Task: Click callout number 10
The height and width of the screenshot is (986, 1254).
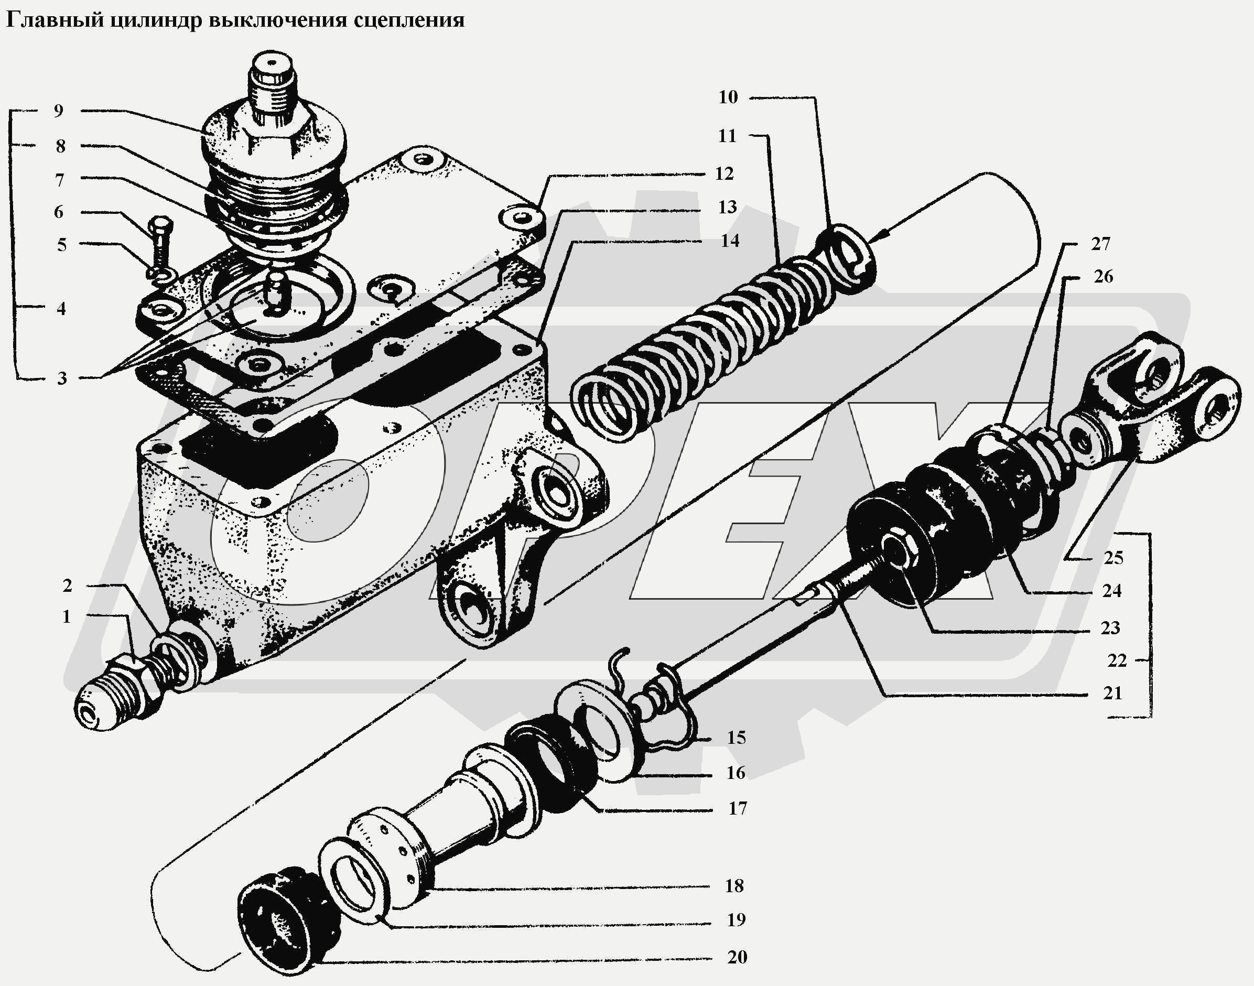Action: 728,97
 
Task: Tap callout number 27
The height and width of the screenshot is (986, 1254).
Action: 1100,244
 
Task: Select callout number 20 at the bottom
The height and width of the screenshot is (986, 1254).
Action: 737,957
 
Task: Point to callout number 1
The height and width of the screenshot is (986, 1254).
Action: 67,616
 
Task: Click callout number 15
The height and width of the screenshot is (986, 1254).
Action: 736,738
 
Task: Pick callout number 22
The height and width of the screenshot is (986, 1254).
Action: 1117,660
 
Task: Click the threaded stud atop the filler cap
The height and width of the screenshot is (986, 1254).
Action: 272,92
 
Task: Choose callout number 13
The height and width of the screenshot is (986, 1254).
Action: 728,207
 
